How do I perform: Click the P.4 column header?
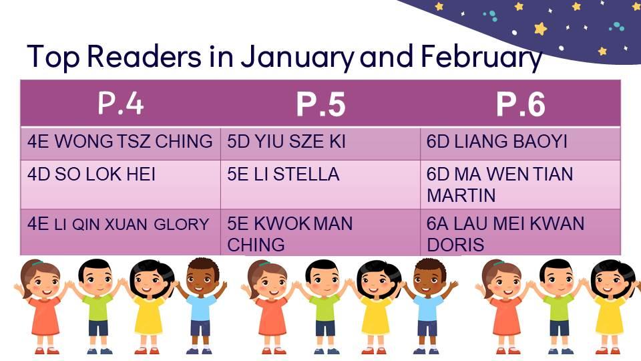[121, 103]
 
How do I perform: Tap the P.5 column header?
[320, 103]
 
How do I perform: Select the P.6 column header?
[520, 103]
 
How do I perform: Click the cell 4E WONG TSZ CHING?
[121, 143]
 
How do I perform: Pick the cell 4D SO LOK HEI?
[121, 185]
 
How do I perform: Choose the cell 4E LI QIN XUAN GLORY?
[121, 233]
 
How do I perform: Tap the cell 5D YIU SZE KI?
[320, 143]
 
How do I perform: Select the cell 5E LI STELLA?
[320, 185]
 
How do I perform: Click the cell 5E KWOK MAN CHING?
[320, 233]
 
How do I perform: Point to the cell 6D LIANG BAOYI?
[520, 143]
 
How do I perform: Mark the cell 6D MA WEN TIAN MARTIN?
[520, 185]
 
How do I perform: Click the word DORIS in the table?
[455, 245]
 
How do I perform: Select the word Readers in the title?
[144, 55]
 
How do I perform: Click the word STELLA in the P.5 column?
[306, 174]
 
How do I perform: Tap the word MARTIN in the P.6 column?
[461, 195]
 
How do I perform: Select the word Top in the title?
[53, 57]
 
